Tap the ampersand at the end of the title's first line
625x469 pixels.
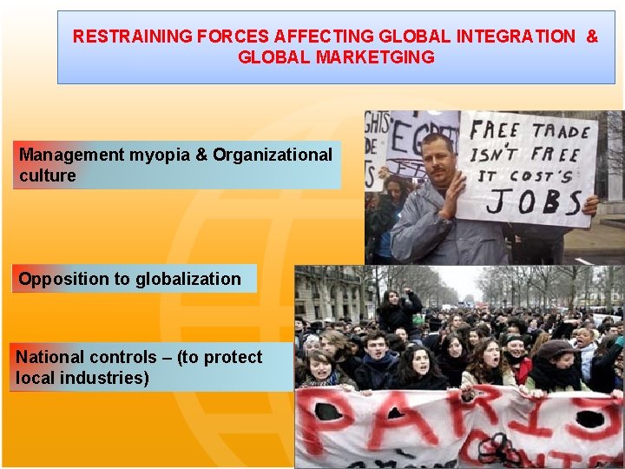click(592, 36)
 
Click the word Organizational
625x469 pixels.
click(273, 155)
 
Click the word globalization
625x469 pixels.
click(187, 279)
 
